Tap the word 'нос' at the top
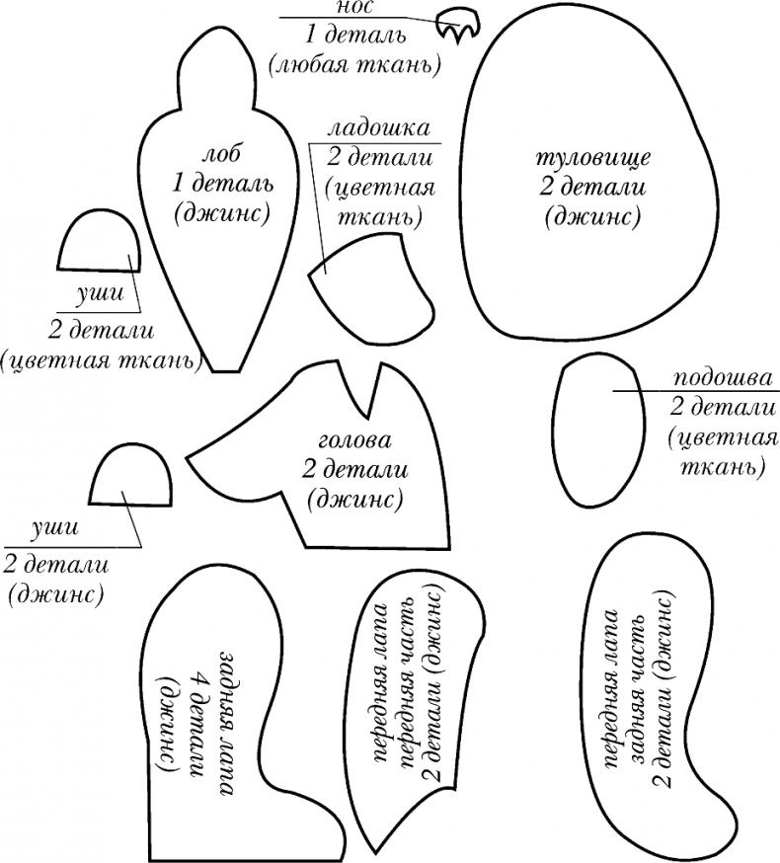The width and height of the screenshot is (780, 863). coord(354,8)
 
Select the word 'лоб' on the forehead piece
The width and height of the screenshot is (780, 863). coord(221,156)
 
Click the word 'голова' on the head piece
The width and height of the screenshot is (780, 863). coord(355,440)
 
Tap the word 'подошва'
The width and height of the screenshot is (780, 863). coord(724,379)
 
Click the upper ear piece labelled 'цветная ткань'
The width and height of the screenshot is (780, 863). coord(98,242)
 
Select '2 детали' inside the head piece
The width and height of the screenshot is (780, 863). coord(355,469)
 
